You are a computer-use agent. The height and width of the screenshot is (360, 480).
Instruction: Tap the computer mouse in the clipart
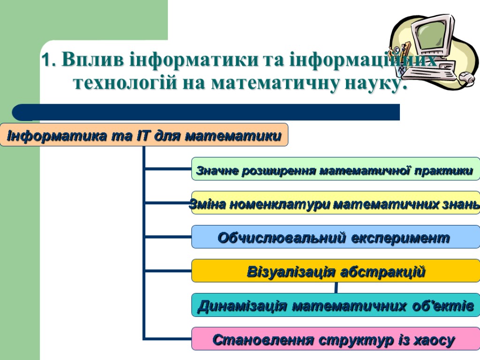tap(466, 77)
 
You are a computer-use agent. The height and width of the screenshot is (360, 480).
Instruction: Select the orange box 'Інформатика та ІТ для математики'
tap(144, 135)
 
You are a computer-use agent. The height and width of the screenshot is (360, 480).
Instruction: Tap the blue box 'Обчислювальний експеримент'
tap(336, 237)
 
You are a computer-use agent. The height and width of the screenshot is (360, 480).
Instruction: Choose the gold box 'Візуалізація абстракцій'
tap(336, 271)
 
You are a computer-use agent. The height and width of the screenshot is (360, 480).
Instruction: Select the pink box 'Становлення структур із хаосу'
tap(336, 339)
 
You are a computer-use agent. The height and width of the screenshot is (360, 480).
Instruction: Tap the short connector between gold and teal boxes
tap(336, 288)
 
